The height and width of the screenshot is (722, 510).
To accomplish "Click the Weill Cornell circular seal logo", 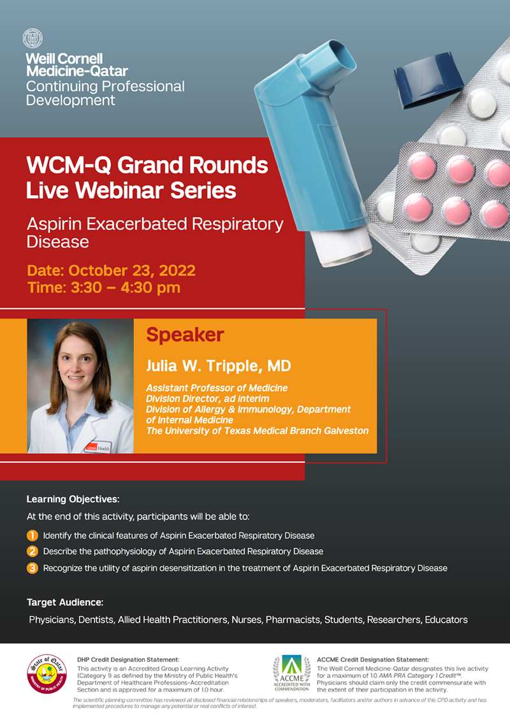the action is tap(33, 38).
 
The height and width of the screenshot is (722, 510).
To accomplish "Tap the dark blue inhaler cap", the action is tap(428, 81).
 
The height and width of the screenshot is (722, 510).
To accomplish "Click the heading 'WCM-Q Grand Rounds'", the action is tap(147, 165).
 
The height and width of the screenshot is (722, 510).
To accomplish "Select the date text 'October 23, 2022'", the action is tap(132, 270).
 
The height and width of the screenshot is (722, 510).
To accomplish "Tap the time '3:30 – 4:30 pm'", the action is tap(126, 288).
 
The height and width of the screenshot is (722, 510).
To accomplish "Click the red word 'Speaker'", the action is tap(186, 335).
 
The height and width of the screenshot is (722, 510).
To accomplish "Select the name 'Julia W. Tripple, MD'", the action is tap(219, 366).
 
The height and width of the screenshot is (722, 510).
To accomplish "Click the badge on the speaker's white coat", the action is tap(98, 447).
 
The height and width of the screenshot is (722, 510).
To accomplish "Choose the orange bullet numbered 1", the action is tap(33, 535).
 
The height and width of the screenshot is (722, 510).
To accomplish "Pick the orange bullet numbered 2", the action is tap(33, 551).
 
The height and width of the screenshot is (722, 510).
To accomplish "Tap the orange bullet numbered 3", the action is tap(33, 568).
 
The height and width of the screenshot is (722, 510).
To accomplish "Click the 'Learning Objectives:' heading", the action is tap(73, 499).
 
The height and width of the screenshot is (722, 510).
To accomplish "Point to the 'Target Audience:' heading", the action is tap(65, 602).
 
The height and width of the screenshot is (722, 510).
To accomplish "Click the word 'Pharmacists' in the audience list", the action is tap(293, 620).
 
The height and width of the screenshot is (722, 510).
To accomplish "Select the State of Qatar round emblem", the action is tap(47, 674).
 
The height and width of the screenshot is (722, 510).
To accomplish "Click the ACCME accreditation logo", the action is tap(291, 673).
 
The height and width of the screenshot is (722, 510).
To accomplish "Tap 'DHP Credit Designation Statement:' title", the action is tap(128, 660).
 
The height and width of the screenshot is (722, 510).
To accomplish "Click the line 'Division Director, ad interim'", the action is tap(208, 399).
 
